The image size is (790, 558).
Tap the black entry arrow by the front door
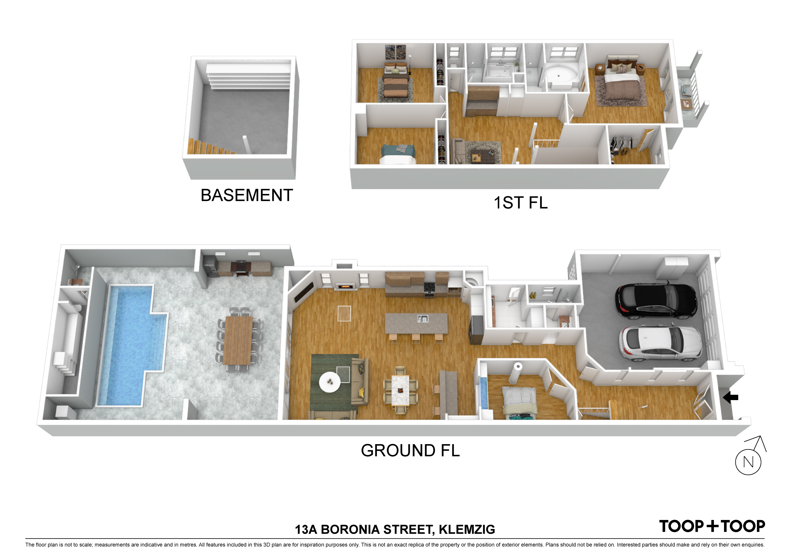[731, 397]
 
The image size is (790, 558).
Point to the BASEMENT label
[247, 195]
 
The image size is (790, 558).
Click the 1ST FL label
[521, 202]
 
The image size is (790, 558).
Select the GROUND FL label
[410, 450]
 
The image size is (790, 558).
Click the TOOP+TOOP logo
[712, 526]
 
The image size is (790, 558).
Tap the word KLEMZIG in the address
[467, 529]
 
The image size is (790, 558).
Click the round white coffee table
[330, 382]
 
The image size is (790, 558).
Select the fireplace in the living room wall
[345, 286]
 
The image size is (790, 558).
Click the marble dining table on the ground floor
[400, 391]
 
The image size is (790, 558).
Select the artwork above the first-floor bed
[395, 53]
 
